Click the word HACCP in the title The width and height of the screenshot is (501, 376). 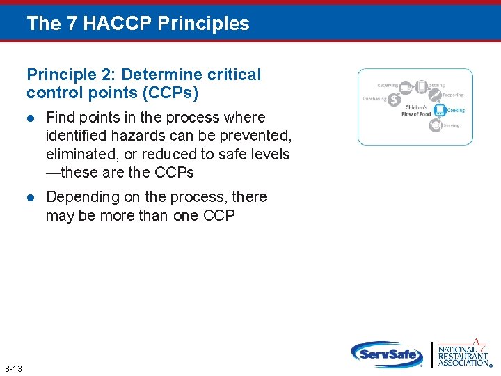pos(119,24)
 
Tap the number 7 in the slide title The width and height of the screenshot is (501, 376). pos(73,24)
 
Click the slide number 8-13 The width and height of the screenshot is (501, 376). pos(13,368)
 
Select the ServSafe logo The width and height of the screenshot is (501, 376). pos(386,354)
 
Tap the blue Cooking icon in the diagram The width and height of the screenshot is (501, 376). pos(440,110)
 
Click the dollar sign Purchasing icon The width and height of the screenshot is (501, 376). pos(394,100)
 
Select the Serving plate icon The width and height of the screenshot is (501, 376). pos(436,125)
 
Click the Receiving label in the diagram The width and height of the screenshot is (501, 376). pos(388,86)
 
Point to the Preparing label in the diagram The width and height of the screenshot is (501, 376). pos(453,95)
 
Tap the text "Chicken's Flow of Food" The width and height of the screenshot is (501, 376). pos(416,111)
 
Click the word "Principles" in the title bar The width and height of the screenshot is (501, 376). pos(203,24)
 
